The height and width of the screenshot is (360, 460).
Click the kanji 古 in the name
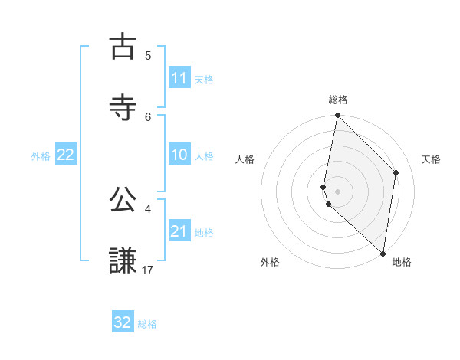(123, 47)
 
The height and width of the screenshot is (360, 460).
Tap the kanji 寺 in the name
(123, 106)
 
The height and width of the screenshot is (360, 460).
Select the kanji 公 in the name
(123, 200)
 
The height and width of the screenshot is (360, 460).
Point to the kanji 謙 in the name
(123, 260)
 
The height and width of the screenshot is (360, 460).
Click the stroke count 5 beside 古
(148, 56)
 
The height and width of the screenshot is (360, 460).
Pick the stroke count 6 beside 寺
(148, 116)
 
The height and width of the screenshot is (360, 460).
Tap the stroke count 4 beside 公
(148, 208)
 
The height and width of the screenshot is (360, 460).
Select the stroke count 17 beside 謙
(148, 270)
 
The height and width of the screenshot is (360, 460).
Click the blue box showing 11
(179, 78)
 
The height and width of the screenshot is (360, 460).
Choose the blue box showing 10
(179, 155)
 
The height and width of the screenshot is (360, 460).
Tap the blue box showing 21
(179, 231)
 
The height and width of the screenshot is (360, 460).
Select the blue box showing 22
(66, 155)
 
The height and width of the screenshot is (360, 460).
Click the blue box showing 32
(123, 322)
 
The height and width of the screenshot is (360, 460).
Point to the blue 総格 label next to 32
(147, 324)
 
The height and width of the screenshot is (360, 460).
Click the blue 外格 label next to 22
(41, 156)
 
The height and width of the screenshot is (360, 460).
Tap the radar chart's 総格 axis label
(338, 100)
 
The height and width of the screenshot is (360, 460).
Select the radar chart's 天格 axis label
(432, 159)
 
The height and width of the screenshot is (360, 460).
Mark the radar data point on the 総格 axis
(337, 116)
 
